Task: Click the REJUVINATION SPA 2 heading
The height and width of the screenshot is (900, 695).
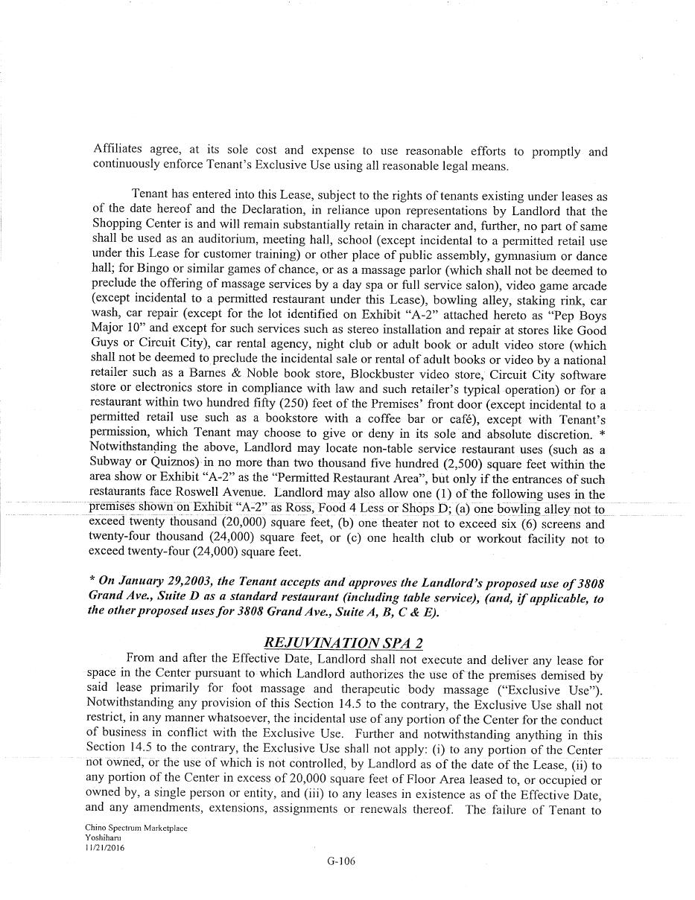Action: [x=343, y=642]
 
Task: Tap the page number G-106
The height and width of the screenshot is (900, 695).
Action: [x=341, y=861]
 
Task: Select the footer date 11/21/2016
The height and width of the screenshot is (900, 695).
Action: [x=105, y=846]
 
